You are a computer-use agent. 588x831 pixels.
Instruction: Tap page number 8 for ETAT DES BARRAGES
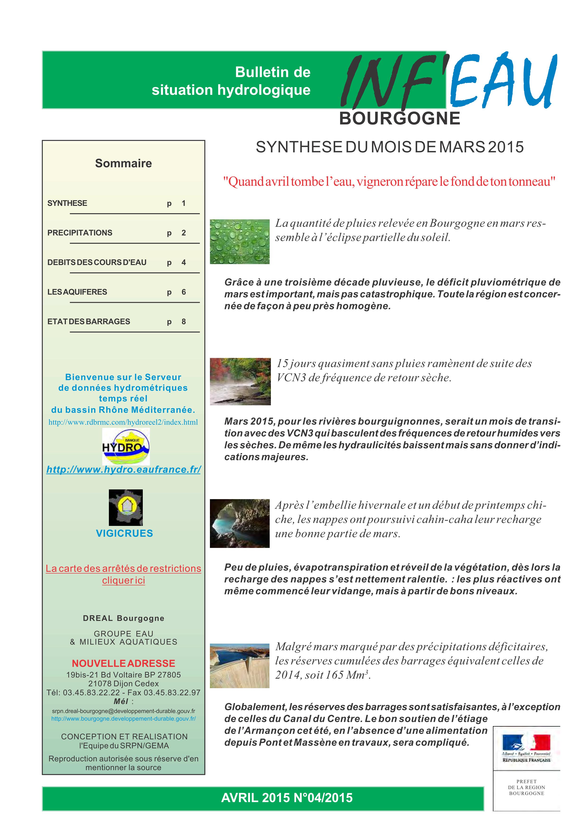tap(184, 321)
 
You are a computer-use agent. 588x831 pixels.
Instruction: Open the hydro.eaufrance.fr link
tap(124, 470)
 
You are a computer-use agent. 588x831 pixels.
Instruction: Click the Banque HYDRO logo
tap(126, 446)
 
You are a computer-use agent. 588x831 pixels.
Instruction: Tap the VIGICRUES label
tap(124, 533)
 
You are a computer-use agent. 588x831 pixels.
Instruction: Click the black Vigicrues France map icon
tap(126, 507)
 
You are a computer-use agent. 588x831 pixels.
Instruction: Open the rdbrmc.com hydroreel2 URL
tap(123, 422)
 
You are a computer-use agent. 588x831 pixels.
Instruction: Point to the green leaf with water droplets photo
tap(240, 241)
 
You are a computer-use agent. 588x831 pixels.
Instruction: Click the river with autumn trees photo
tap(240, 381)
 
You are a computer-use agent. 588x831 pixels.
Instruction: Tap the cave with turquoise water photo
tap(240, 523)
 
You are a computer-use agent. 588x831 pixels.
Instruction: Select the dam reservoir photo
tap(240, 666)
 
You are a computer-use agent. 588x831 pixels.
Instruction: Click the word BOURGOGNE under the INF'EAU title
tap(400, 119)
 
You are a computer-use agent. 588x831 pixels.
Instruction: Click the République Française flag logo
tap(526, 748)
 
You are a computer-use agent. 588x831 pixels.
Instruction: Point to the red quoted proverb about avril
tap(389, 181)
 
